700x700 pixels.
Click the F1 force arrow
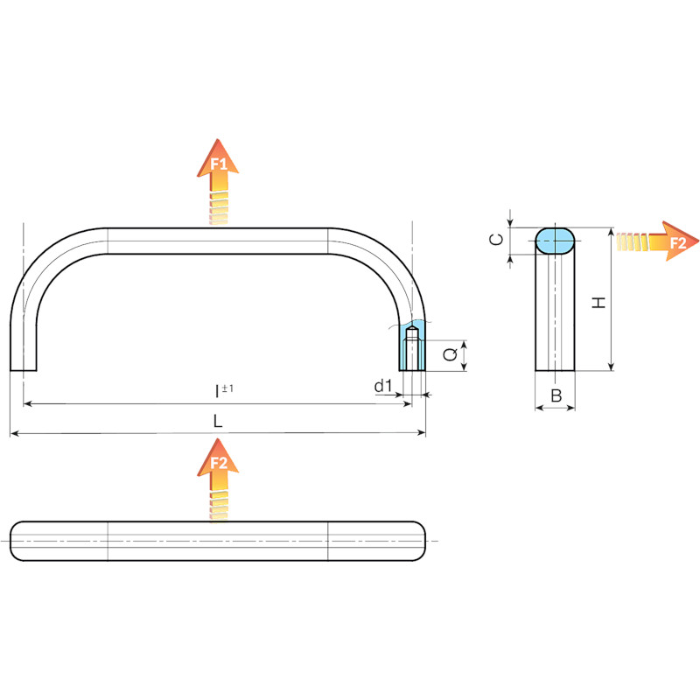pos(218,181)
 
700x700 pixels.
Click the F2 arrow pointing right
pos(657,241)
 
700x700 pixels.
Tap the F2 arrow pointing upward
pos(218,479)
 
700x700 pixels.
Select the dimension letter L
pos(218,421)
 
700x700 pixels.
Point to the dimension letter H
pos(598,303)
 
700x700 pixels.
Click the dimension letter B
pos(556,395)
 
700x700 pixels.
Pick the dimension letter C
pos(496,240)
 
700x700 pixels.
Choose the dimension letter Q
pos(450,354)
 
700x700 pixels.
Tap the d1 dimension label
pos(383,386)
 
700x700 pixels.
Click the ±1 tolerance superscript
pos(227,388)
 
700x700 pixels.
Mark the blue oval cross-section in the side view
pos(555,241)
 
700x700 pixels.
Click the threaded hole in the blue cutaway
pos(412,348)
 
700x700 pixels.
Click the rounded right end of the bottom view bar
pos(418,541)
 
